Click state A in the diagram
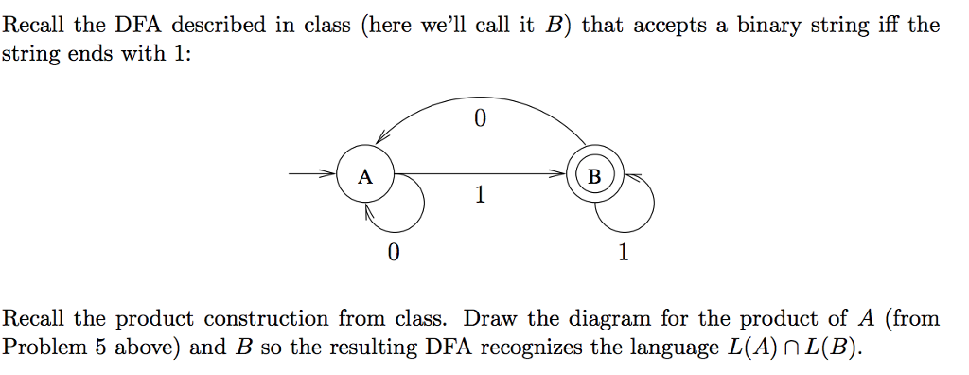point(365,176)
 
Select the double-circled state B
point(593,176)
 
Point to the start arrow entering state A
point(313,175)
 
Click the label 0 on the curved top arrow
point(480,119)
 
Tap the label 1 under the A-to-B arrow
point(481,196)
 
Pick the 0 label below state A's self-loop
point(393,253)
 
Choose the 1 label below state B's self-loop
point(623,253)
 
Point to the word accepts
point(667,26)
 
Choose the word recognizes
point(532,347)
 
